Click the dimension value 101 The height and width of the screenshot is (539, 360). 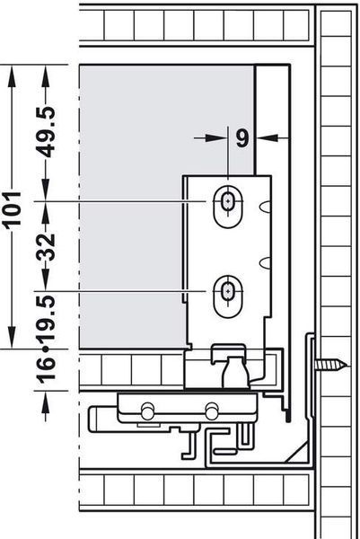point(12,208)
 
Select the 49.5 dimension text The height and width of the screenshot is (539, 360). point(46,132)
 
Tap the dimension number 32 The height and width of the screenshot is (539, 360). point(46,247)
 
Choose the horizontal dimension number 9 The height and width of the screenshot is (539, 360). point(242,138)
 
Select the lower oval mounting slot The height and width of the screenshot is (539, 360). point(227,296)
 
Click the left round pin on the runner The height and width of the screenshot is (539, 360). point(147,411)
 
